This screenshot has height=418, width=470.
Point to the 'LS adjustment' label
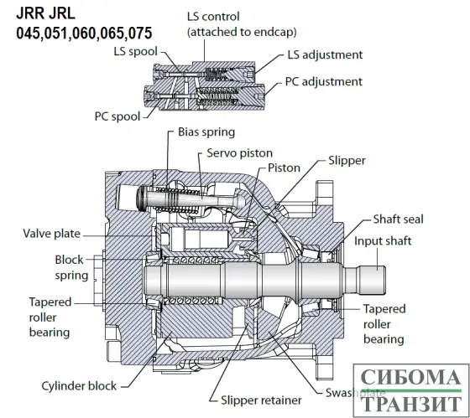[325, 54]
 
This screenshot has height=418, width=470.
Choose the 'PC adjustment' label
[324, 81]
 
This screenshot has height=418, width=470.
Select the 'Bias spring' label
[206, 132]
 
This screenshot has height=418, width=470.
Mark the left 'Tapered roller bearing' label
[49, 317]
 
